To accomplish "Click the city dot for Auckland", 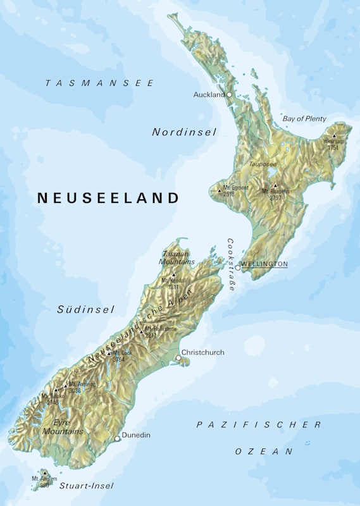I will click(230, 94).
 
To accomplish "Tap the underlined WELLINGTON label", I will click(264, 264).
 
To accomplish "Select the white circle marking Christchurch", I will click(178, 359).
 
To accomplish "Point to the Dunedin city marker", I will click(117, 438).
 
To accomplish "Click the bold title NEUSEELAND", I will click(108, 198).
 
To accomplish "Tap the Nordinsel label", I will click(184, 132).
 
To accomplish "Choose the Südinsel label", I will click(86, 309).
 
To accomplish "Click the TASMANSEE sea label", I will click(100, 83).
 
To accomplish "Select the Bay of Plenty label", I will click(304, 119).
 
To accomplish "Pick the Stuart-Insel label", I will click(86, 486).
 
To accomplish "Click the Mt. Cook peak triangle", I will click(109, 353).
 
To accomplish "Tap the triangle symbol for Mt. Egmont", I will click(219, 190).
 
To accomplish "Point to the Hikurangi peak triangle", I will click(334, 135).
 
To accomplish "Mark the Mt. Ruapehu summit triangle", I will click(275, 186).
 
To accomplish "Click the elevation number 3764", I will click(118, 359).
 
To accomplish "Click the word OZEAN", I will click(264, 452).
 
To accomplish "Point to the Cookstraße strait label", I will click(232, 264).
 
